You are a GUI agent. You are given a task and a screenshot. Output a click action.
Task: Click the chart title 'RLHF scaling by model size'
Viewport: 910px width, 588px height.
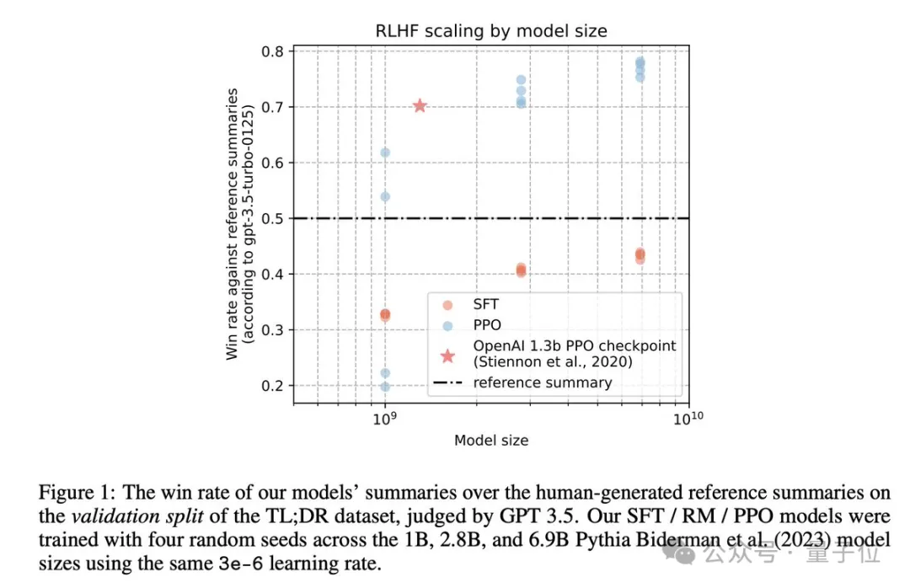(x=490, y=31)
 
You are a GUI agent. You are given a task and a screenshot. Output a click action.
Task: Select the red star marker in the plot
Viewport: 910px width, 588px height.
(x=420, y=105)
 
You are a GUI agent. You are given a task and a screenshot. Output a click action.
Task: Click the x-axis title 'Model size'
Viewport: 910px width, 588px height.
(x=490, y=441)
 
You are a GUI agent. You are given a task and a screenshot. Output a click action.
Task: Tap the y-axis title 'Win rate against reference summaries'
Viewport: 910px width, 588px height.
(x=233, y=223)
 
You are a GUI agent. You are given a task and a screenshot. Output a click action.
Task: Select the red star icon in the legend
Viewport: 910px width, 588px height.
(x=447, y=355)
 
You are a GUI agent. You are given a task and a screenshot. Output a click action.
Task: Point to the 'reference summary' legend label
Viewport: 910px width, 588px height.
(x=542, y=382)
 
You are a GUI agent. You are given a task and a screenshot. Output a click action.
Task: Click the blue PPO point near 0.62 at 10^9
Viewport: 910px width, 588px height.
(x=385, y=152)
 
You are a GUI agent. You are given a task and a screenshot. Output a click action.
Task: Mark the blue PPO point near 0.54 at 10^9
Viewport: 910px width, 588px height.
(x=385, y=196)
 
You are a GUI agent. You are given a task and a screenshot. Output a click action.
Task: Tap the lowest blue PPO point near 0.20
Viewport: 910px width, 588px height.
(x=385, y=387)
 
